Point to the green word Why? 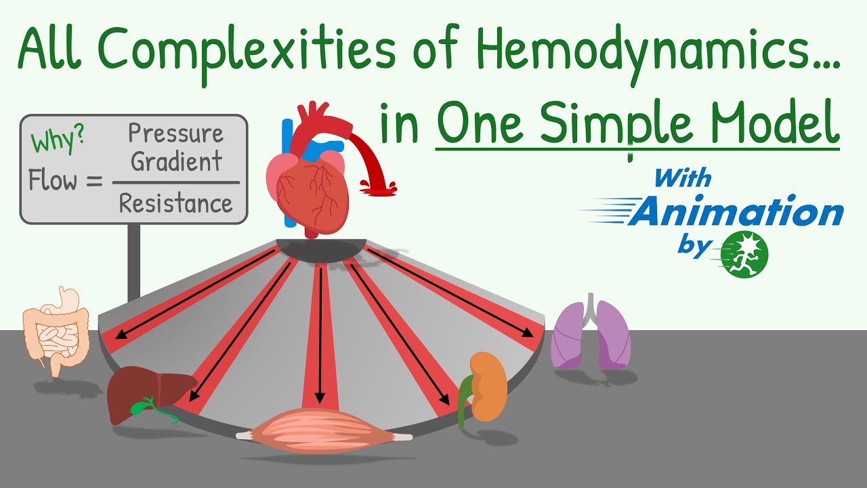tap(57, 142)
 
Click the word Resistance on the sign tap(175, 203)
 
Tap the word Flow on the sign tap(54, 181)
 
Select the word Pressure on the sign tap(175, 134)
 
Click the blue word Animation tap(736, 213)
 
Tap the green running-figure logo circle tap(745, 254)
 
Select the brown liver tap(139, 393)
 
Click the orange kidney tap(488, 386)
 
